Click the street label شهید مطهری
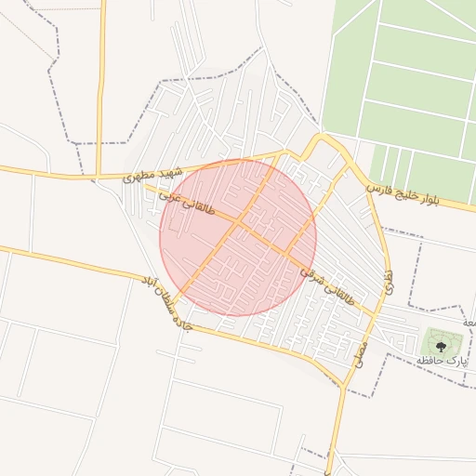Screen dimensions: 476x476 point(150,174)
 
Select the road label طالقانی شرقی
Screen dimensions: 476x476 point(327,283)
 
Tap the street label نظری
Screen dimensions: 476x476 point(389,278)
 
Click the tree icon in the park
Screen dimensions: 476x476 point(441,345)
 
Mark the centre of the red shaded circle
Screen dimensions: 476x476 point(238,238)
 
